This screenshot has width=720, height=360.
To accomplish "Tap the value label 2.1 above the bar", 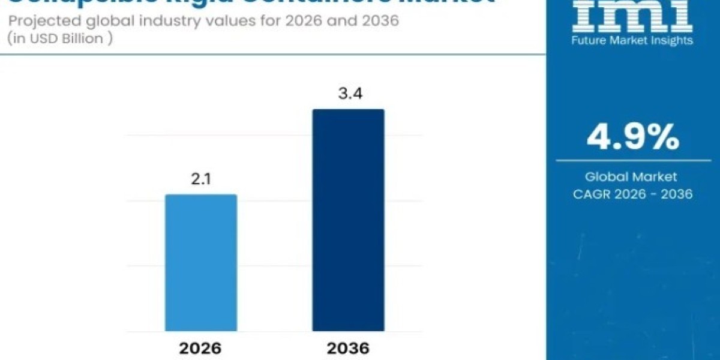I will tap(201, 179).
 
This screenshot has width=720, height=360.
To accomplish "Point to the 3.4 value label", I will tap(348, 94).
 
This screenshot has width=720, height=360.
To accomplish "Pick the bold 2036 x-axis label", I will tap(348, 348).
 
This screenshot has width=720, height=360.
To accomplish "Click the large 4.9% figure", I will tap(633, 138).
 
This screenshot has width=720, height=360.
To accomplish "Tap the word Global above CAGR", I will tap(605, 177).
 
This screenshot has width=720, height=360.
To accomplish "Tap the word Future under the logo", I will tap(590, 40).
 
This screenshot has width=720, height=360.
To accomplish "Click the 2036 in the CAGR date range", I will tap(674, 194).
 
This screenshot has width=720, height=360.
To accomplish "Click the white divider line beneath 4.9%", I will tap(633, 160).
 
